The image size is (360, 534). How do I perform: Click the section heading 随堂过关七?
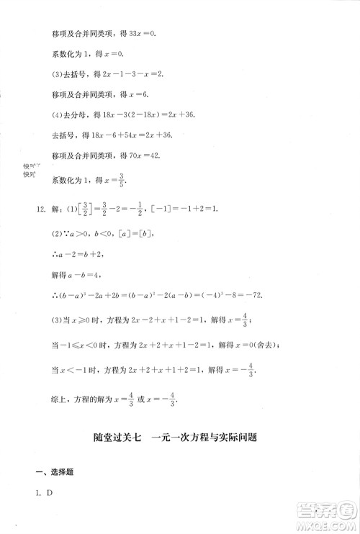tap(118, 436)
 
